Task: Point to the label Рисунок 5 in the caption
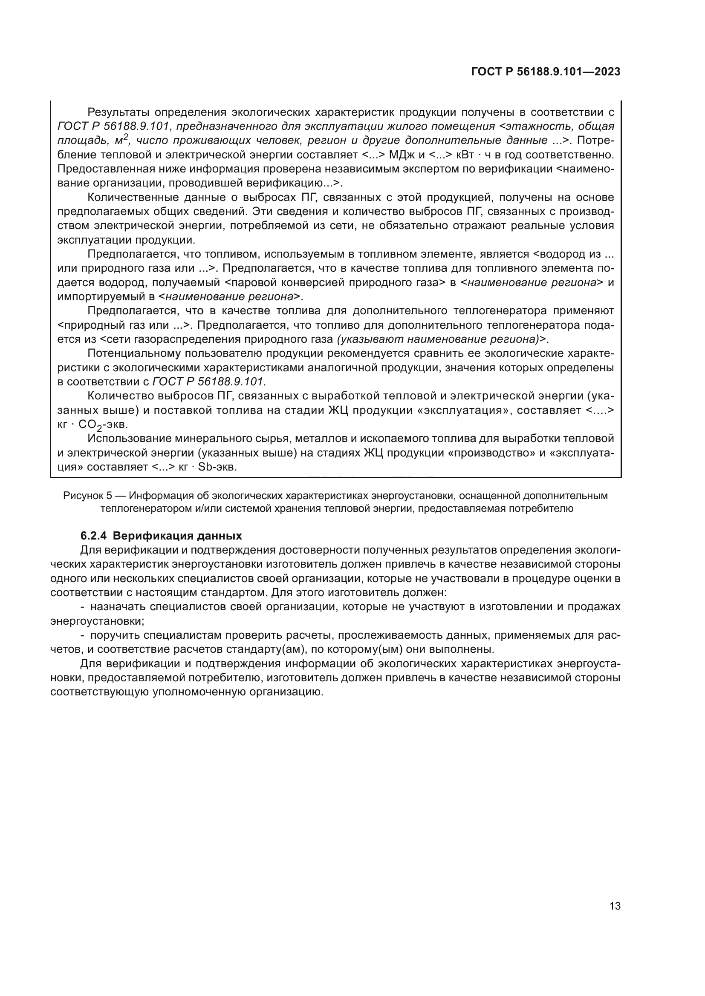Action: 87,495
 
